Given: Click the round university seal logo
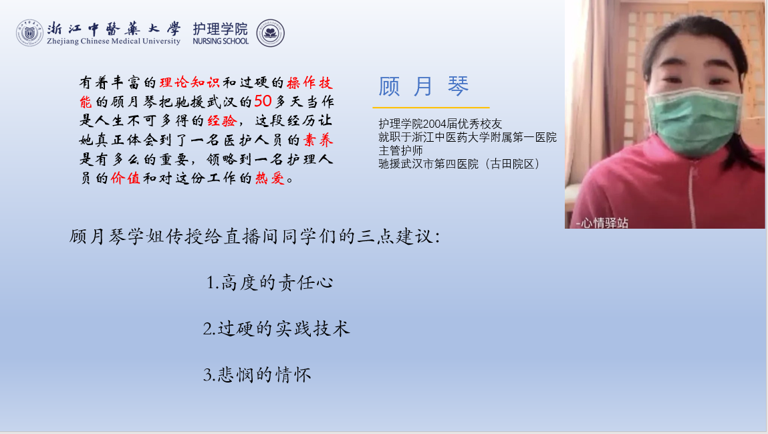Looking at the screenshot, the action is (x=29, y=33).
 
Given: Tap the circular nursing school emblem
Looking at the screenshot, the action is (x=270, y=33).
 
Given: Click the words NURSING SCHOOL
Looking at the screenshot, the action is (x=221, y=41).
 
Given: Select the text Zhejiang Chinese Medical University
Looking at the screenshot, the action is (x=114, y=41).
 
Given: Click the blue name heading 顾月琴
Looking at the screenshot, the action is (x=424, y=86).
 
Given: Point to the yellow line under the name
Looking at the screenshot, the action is (x=431, y=107).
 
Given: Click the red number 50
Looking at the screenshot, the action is (x=263, y=101).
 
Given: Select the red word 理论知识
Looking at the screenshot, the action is (x=190, y=82).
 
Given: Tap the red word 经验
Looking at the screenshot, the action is (x=222, y=120).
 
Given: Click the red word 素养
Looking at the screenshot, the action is (x=318, y=140).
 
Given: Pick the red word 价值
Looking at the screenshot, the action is (x=126, y=178).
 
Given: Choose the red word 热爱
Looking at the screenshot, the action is (x=270, y=178).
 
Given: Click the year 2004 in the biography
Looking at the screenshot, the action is (x=434, y=124).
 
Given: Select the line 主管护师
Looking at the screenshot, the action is (x=400, y=150).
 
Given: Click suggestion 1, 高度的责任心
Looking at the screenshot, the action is (x=270, y=283).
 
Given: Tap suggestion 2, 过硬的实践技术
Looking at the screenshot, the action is (x=277, y=329).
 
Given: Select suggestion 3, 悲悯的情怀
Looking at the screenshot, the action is (x=257, y=374).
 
